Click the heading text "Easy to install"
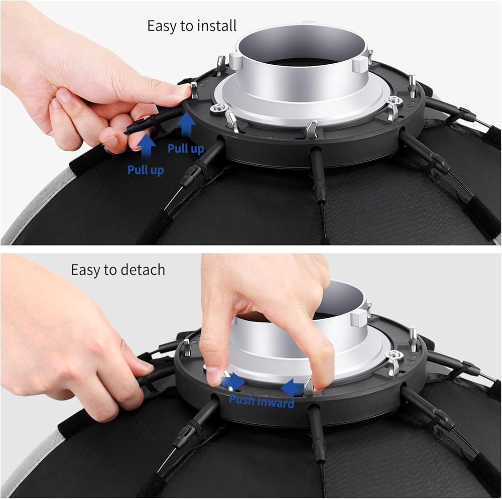[x=192, y=26]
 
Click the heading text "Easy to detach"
[x=118, y=270]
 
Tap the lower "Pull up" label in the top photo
[x=146, y=170]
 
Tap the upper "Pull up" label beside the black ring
[x=186, y=149]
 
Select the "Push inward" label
[x=262, y=401]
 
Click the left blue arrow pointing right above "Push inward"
[x=234, y=381]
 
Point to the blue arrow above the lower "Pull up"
[x=146, y=146]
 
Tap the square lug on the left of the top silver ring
[x=235, y=61]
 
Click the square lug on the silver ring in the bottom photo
[x=357, y=321]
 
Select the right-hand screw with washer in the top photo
[x=395, y=100]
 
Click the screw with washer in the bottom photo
[x=394, y=354]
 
